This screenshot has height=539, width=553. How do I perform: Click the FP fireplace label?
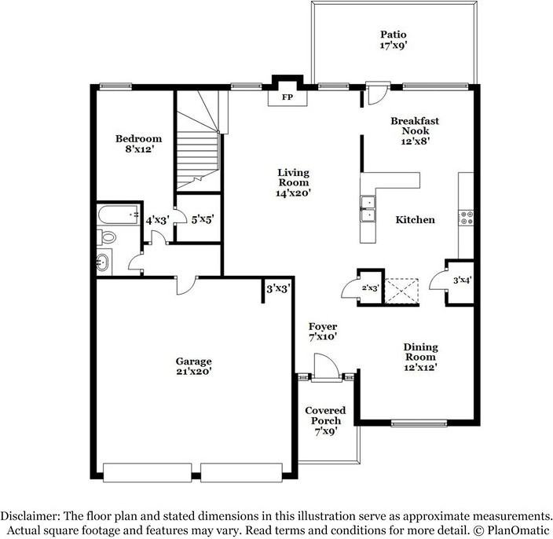(287, 97)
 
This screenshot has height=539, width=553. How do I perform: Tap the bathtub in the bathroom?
(118, 214)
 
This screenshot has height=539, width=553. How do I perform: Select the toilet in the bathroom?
(107, 237)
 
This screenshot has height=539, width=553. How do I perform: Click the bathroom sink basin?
(103, 262)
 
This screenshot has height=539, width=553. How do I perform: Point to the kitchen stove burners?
(467, 218)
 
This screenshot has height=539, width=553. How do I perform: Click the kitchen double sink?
(368, 208)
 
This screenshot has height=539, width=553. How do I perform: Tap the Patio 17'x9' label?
(394, 40)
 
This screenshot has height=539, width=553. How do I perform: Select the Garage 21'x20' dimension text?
(193, 371)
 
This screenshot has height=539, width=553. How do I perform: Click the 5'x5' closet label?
(203, 220)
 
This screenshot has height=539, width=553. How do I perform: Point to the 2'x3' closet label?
(370, 288)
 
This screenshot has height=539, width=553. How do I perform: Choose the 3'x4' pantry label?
(463, 280)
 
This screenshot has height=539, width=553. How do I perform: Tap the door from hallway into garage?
(187, 286)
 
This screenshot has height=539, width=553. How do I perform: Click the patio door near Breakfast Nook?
(377, 93)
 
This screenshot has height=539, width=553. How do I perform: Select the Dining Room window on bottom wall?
(419, 423)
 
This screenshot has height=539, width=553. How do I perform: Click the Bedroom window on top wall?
(115, 86)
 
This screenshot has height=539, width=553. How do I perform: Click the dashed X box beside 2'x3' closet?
(401, 291)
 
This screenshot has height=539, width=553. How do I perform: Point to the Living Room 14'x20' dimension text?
(294, 193)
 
